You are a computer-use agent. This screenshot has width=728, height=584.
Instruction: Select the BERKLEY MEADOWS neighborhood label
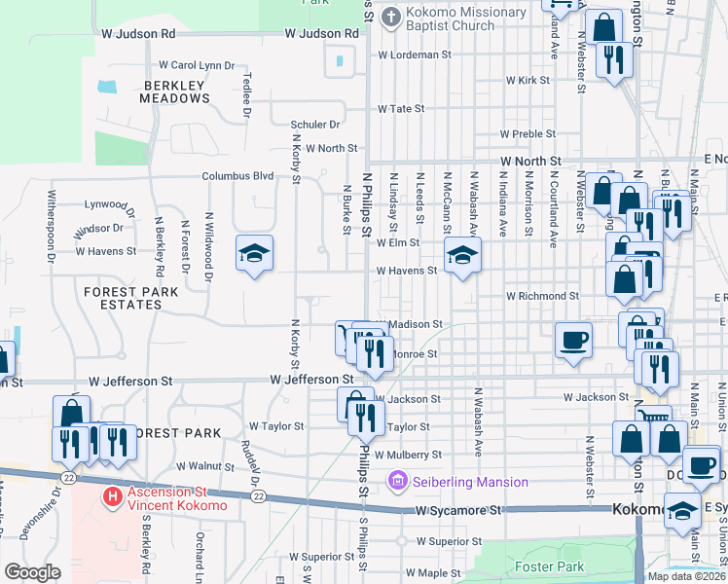[175, 92]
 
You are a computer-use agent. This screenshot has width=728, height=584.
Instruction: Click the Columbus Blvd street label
[237, 176]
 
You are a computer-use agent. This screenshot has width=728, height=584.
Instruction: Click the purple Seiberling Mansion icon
[395, 481]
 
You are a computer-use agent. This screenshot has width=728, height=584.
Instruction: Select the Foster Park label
[550, 566]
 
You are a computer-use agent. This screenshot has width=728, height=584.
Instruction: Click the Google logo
[32, 572]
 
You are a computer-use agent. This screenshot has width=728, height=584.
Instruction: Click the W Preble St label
[527, 133]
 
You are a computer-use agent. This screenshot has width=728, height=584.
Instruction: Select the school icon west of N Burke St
[254, 254]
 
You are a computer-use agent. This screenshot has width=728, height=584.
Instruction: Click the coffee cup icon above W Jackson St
[573, 341]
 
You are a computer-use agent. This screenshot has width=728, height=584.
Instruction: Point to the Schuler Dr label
[314, 125]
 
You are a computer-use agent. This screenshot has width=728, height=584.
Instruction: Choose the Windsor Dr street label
[98, 228]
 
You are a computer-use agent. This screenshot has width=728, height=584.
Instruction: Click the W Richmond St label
[542, 295]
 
